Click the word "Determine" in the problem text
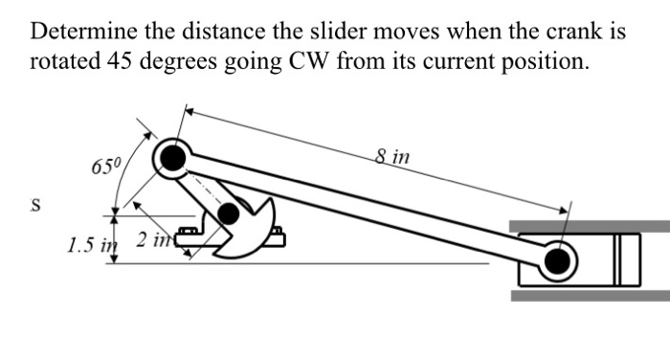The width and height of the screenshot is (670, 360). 80,32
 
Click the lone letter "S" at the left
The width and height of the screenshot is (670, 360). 36,206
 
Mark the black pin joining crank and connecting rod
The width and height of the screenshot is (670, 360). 171,156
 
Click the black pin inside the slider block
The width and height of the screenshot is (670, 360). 558,259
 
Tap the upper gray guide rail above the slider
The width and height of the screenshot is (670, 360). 589,225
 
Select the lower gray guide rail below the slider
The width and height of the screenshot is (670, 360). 589,295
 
